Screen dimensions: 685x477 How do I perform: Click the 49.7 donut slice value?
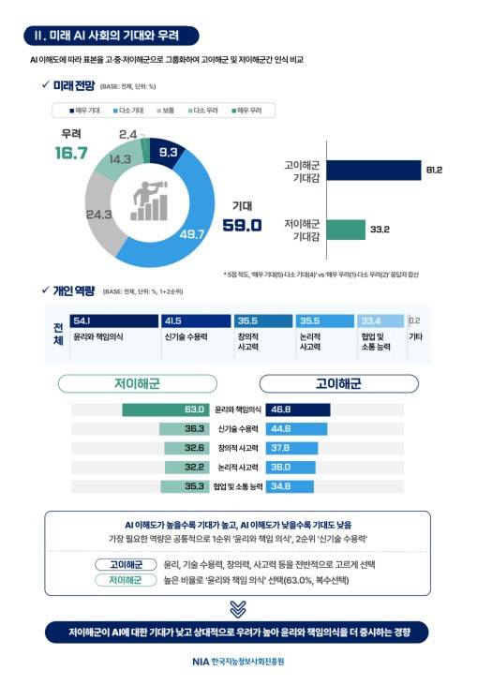point(191,234)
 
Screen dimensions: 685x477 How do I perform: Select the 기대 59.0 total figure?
point(242,225)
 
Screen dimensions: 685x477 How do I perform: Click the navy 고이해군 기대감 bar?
point(374,170)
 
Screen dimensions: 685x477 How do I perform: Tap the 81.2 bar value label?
point(433,170)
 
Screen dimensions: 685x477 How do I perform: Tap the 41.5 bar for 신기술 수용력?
point(195,320)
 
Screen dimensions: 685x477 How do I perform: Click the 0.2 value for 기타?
point(414,320)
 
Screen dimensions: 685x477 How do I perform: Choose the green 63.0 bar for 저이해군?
point(165,410)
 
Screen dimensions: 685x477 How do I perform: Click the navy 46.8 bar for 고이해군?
point(298,410)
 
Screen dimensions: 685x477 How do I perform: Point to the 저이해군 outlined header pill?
point(138,383)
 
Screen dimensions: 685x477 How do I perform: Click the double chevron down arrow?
point(238,608)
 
